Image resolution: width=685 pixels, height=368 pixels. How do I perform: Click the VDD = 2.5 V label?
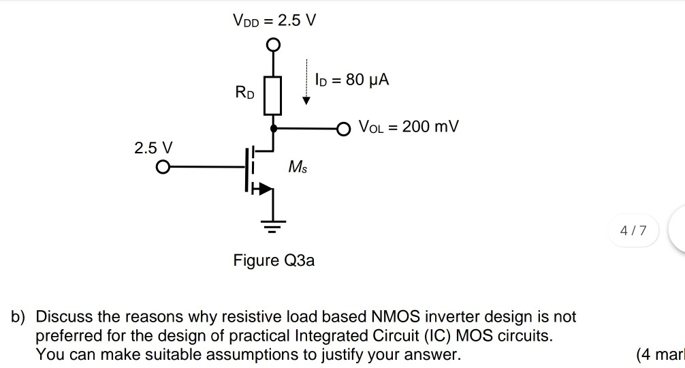[x=274, y=20]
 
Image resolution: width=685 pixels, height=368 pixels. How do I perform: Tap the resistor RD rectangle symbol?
[x=273, y=95]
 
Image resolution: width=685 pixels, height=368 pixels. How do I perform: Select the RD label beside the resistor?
[x=244, y=92]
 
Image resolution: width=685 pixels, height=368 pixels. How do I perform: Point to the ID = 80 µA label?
[x=352, y=80]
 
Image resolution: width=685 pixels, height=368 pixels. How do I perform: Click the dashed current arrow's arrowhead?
[x=306, y=101]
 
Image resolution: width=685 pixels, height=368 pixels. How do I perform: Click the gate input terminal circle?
[x=163, y=167]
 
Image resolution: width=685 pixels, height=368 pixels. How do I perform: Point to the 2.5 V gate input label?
[x=154, y=147]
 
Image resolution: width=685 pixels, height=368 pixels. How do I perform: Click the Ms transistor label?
[x=298, y=166]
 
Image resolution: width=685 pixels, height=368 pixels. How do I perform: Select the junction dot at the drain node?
[x=273, y=127]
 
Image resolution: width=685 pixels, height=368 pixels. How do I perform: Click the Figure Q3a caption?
[x=274, y=260]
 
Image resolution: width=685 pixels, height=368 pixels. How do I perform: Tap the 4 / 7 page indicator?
[x=630, y=231]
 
